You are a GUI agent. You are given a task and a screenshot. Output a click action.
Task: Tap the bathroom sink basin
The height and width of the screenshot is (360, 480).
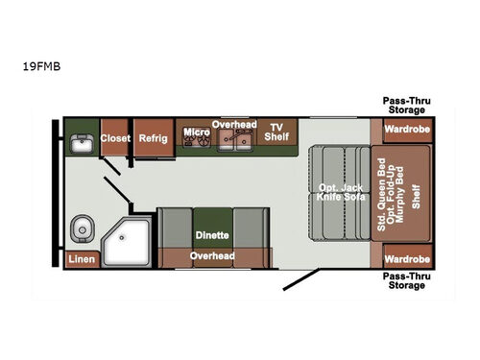pos(81,145)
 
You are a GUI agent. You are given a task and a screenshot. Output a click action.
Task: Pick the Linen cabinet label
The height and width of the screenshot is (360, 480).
pos(81,259)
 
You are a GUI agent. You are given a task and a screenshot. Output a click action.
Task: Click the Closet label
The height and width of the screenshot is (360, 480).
pos(114,138)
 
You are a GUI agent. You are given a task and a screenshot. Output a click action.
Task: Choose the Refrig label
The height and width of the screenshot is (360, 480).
pos(152,138)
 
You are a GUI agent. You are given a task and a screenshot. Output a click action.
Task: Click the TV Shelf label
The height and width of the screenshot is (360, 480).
pos(277,132)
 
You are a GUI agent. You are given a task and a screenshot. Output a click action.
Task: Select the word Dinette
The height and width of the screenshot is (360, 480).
pos(212,234)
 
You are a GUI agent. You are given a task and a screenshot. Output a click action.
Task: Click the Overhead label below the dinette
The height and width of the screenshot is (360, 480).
pos(212,256)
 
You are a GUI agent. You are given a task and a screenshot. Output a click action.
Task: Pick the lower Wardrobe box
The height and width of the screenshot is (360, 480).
pos(401,258)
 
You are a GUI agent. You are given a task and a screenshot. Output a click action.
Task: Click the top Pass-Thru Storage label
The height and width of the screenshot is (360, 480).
pos(407,104)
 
